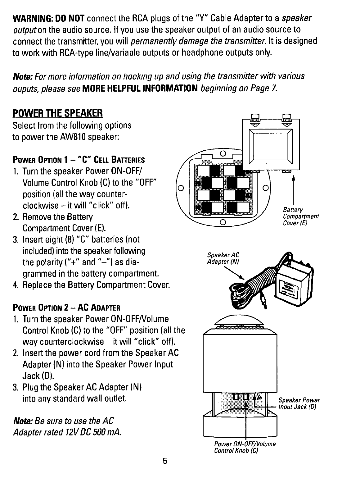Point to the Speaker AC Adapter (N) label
pyautogui.click(x=223, y=258)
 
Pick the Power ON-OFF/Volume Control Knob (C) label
pyautogui.click(x=245, y=447)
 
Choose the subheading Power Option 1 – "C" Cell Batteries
pyautogui.click(x=79, y=160)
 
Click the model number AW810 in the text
pyautogui.click(x=74, y=137)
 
